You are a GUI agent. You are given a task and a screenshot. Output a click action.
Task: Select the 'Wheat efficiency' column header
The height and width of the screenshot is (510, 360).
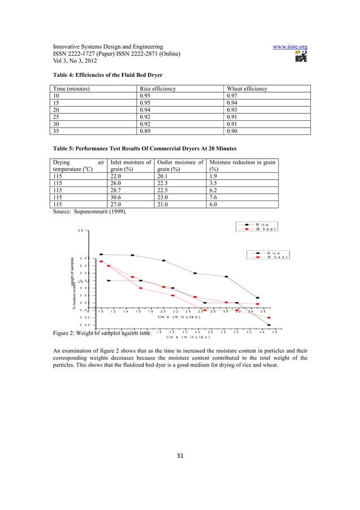pos(247,89)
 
